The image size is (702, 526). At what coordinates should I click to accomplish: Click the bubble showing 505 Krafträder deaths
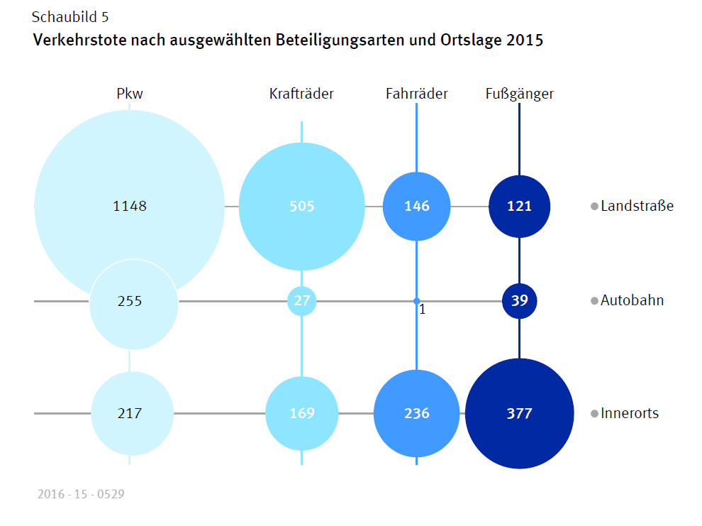pyautogui.click(x=301, y=207)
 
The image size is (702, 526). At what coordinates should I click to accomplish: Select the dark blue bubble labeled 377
pyautogui.click(x=520, y=413)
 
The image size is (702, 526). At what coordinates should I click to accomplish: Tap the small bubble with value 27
pyautogui.click(x=302, y=300)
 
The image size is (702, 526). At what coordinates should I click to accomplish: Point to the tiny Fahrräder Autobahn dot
pyautogui.click(x=416, y=301)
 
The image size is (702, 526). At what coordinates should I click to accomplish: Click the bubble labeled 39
pyautogui.click(x=520, y=300)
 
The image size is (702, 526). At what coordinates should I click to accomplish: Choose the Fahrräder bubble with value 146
pyautogui.click(x=417, y=207)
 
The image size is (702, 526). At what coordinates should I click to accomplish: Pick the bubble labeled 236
pyautogui.click(x=417, y=413)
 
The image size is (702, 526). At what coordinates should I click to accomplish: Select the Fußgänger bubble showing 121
pyautogui.click(x=520, y=207)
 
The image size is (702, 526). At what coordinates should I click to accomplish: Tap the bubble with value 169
pyautogui.click(x=302, y=413)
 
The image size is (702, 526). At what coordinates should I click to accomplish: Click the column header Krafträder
pyautogui.click(x=301, y=94)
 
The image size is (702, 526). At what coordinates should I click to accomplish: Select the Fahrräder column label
pyautogui.click(x=417, y=94)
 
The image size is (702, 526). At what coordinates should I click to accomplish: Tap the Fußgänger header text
pyautogui.click(x=520, y=94)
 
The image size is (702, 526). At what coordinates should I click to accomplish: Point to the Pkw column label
pyautogui.click(x=130, y=94)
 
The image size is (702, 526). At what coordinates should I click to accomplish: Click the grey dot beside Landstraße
pyautogui.click(x=594, y=207)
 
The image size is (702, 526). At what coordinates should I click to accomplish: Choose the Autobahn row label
pyautogui.click(x=632, y=300)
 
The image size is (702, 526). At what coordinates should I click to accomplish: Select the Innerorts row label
pyautogui.click(x=629, y=413)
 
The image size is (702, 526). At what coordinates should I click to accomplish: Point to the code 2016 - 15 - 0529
pyautogui.click(x=81, y=493)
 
